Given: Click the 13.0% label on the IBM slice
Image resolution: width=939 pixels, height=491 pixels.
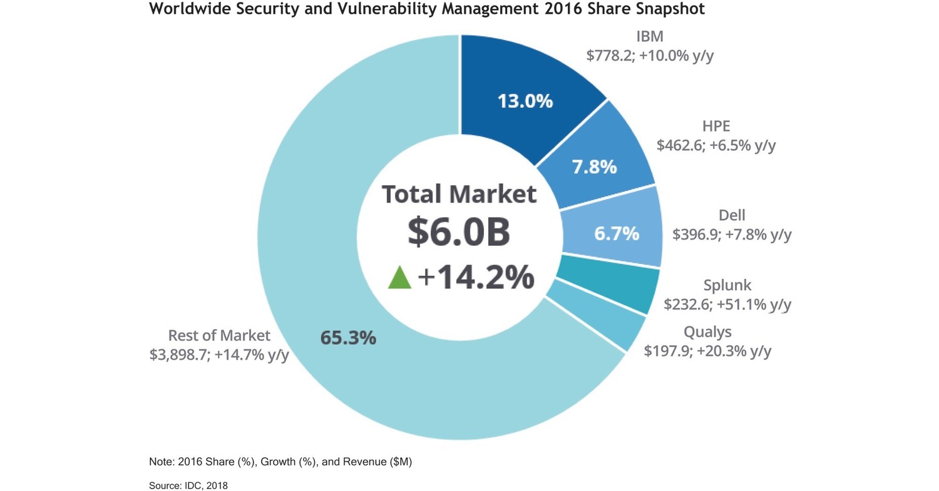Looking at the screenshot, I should click(525, 101).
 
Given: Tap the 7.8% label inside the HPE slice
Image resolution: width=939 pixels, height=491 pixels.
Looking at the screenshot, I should click(594, 168).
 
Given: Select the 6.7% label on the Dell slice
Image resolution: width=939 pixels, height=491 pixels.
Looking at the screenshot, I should click(616, 234).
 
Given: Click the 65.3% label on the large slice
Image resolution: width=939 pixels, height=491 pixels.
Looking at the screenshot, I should click(348, 338).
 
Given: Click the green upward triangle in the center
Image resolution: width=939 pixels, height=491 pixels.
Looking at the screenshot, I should click(399, 278).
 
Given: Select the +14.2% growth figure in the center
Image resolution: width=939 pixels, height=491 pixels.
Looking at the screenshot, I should click(476, 278).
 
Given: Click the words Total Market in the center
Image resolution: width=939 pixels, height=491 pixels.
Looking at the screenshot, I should click(459, 194).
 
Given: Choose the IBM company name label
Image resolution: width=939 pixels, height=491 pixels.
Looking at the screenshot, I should click(649, 36).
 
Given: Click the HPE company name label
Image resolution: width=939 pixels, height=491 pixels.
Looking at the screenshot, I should click(716, 126).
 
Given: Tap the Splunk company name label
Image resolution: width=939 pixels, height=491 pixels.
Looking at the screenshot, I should click(727, 286).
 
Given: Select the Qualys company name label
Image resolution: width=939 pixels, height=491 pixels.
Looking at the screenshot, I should click(707, 332).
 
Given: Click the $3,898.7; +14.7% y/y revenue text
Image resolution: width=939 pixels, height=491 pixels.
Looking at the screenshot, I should click(219, 355).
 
